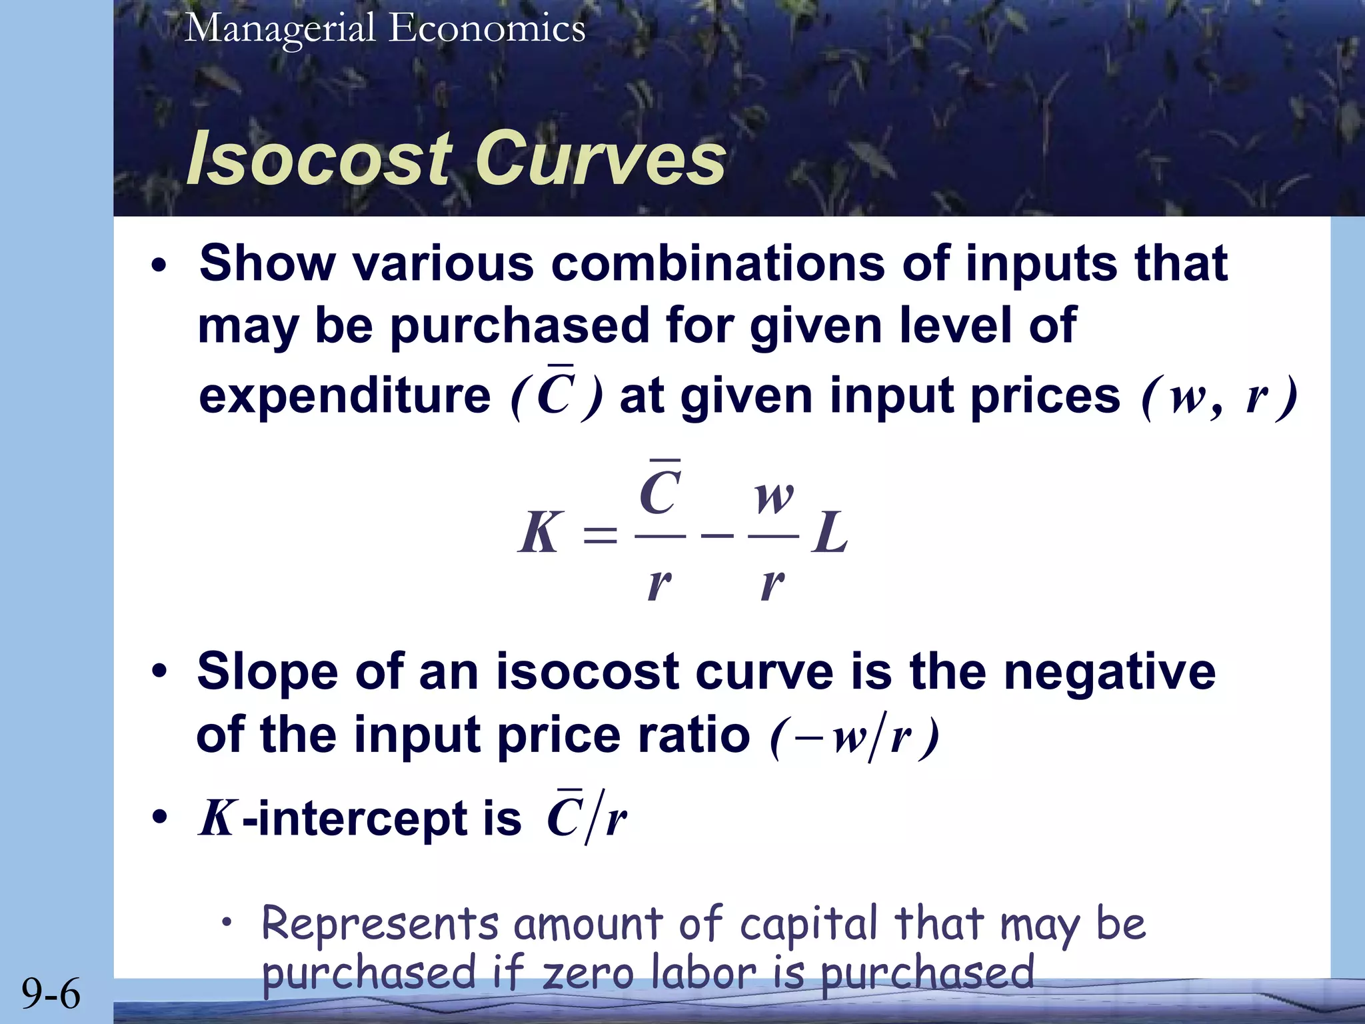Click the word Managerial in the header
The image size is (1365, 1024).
(280, 30)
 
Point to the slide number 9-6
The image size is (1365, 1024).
(51, 993)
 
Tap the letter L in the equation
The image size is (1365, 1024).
(830, 533)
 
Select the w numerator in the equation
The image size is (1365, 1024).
(774, 497)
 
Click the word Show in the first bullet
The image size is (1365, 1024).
(267, 263)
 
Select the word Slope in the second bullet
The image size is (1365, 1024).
(267, 671)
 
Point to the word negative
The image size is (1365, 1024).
(1110, 671)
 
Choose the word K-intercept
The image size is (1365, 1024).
(360, 819)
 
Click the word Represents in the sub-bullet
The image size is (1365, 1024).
(380, 924)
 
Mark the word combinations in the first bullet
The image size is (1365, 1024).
(718, 263)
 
